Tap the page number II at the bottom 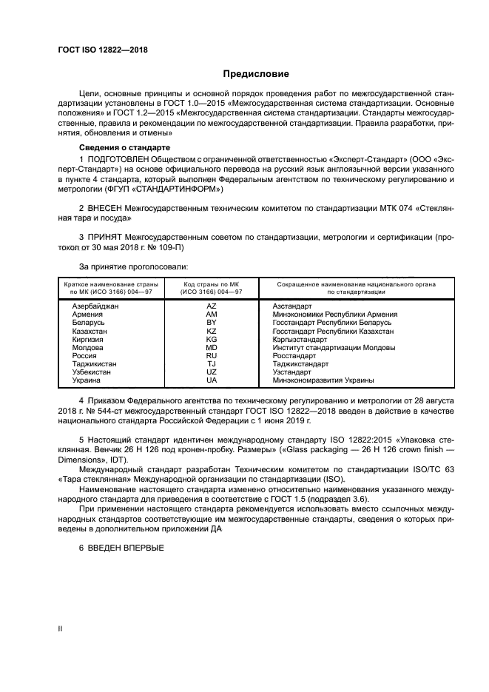(61, 628)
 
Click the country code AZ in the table (212, 306)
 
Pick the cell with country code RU (212, 355)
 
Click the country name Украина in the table (87, 380)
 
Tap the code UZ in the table (212, 372)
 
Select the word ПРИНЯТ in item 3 (106, 238)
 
